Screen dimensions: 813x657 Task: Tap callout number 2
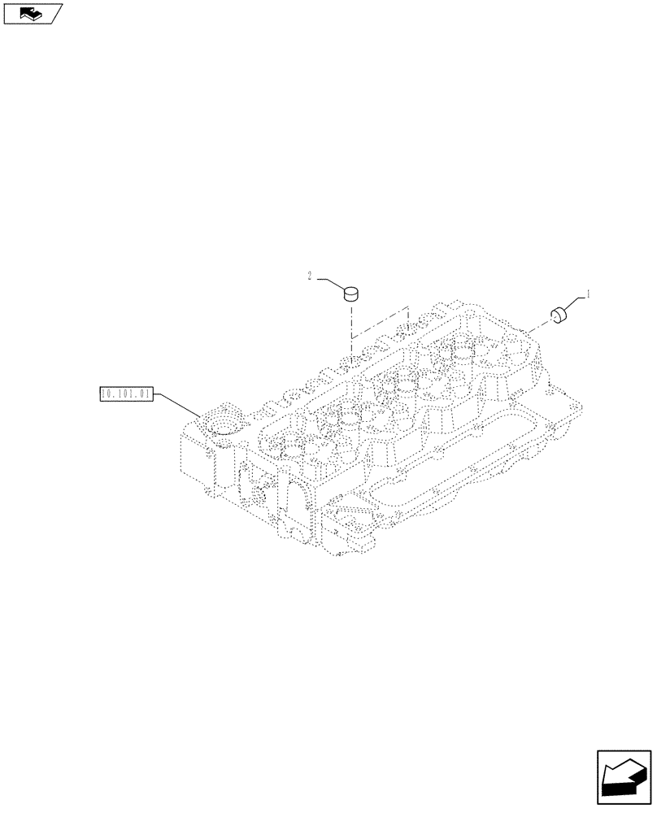pyautogui.click(x=310, y=276)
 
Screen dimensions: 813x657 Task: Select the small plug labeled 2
pyautogui.click(x=351, y=293)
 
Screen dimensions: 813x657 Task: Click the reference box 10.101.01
pyautogui.click(x=125, y=394)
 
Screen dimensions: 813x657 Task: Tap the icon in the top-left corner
pyautogui.click(x=33, y=12)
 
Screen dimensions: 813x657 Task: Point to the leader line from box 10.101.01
pyautogui.click(x=179, y=404)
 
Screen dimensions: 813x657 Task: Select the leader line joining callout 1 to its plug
pyautogui.click(x=574, y=303)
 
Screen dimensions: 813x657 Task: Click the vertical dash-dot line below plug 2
pyautogui.click(x=350, y=321)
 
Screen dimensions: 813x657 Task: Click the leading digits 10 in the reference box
pyautogui.click(x=107, y=394)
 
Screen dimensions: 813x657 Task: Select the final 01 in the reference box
pyautogui.click(x=144, y=394)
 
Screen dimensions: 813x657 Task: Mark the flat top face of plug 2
pyautogui.click(x=351, y=289)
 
